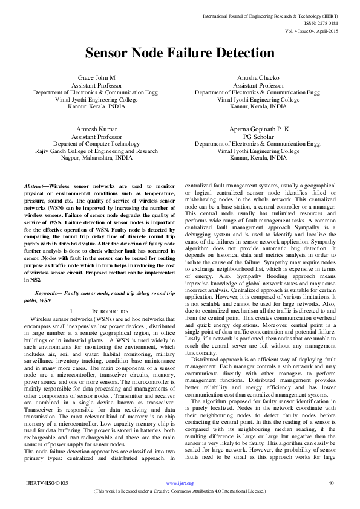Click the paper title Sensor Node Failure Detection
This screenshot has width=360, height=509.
179,53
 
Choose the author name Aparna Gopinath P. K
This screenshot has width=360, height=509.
260,129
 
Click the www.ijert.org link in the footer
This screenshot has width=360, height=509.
180,484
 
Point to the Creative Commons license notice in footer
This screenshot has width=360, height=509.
180,491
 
